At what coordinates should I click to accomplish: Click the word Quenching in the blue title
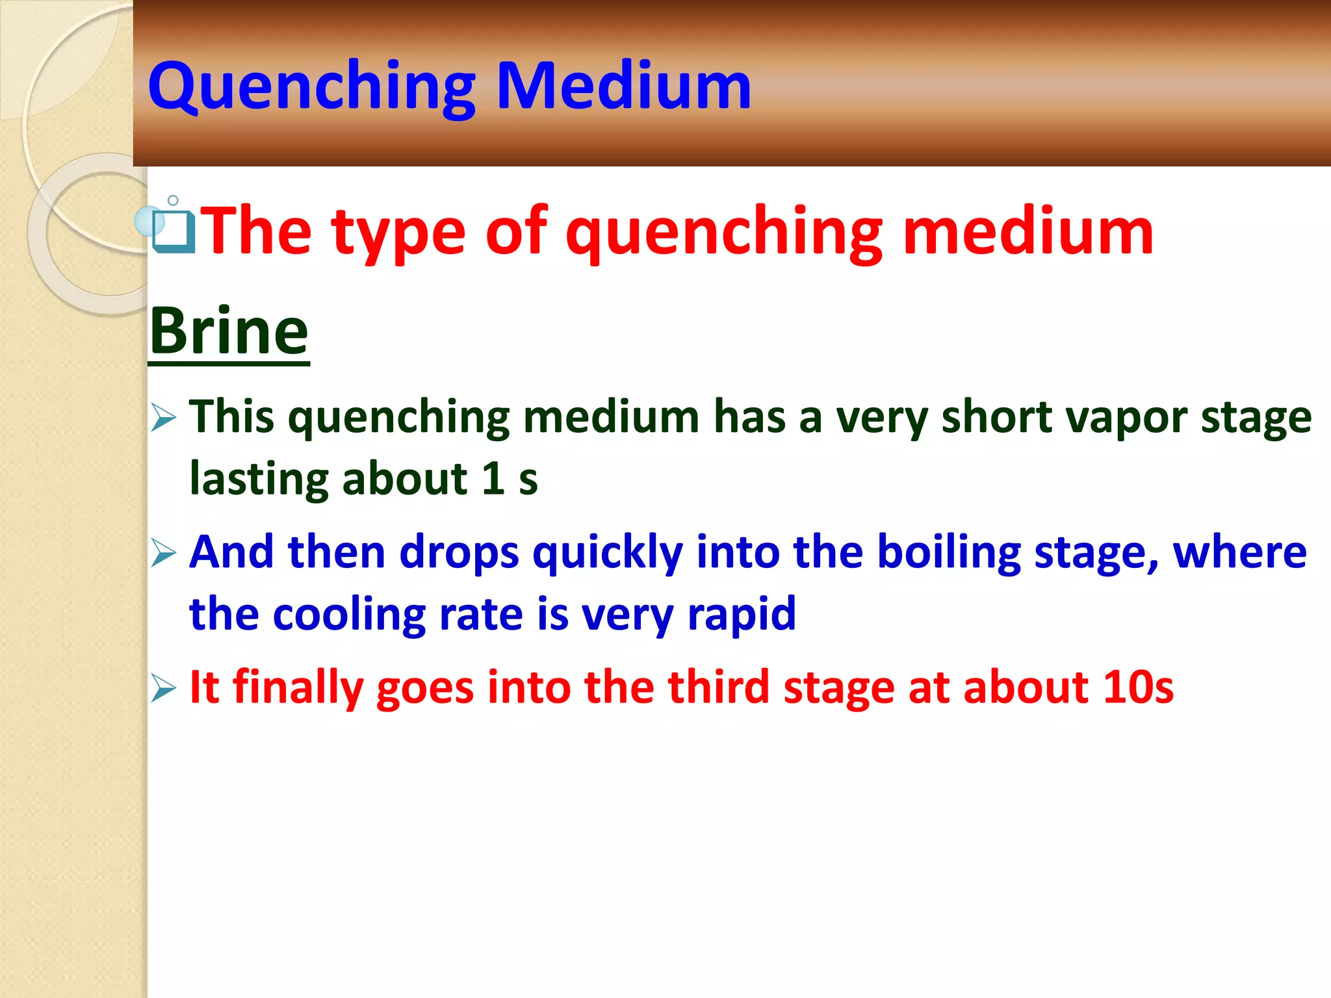(x=312, y=86)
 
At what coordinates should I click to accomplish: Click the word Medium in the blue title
(x=624, y=86)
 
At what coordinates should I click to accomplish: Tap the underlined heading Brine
(x=229, y=331)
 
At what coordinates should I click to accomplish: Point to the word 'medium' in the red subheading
(x=1027, y=231)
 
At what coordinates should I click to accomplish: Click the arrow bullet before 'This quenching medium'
(x=163, y=417)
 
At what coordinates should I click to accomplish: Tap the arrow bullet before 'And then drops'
(x=163, y=553)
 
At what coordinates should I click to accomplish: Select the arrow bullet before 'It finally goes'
(x=163, y=688)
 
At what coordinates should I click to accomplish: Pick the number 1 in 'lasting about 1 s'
(x=493, y=480)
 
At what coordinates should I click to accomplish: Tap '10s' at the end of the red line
(x=1138, y=687)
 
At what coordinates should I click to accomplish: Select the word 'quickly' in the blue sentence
(x=608, y=554)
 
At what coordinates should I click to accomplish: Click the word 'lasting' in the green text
(x=259, y=480)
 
